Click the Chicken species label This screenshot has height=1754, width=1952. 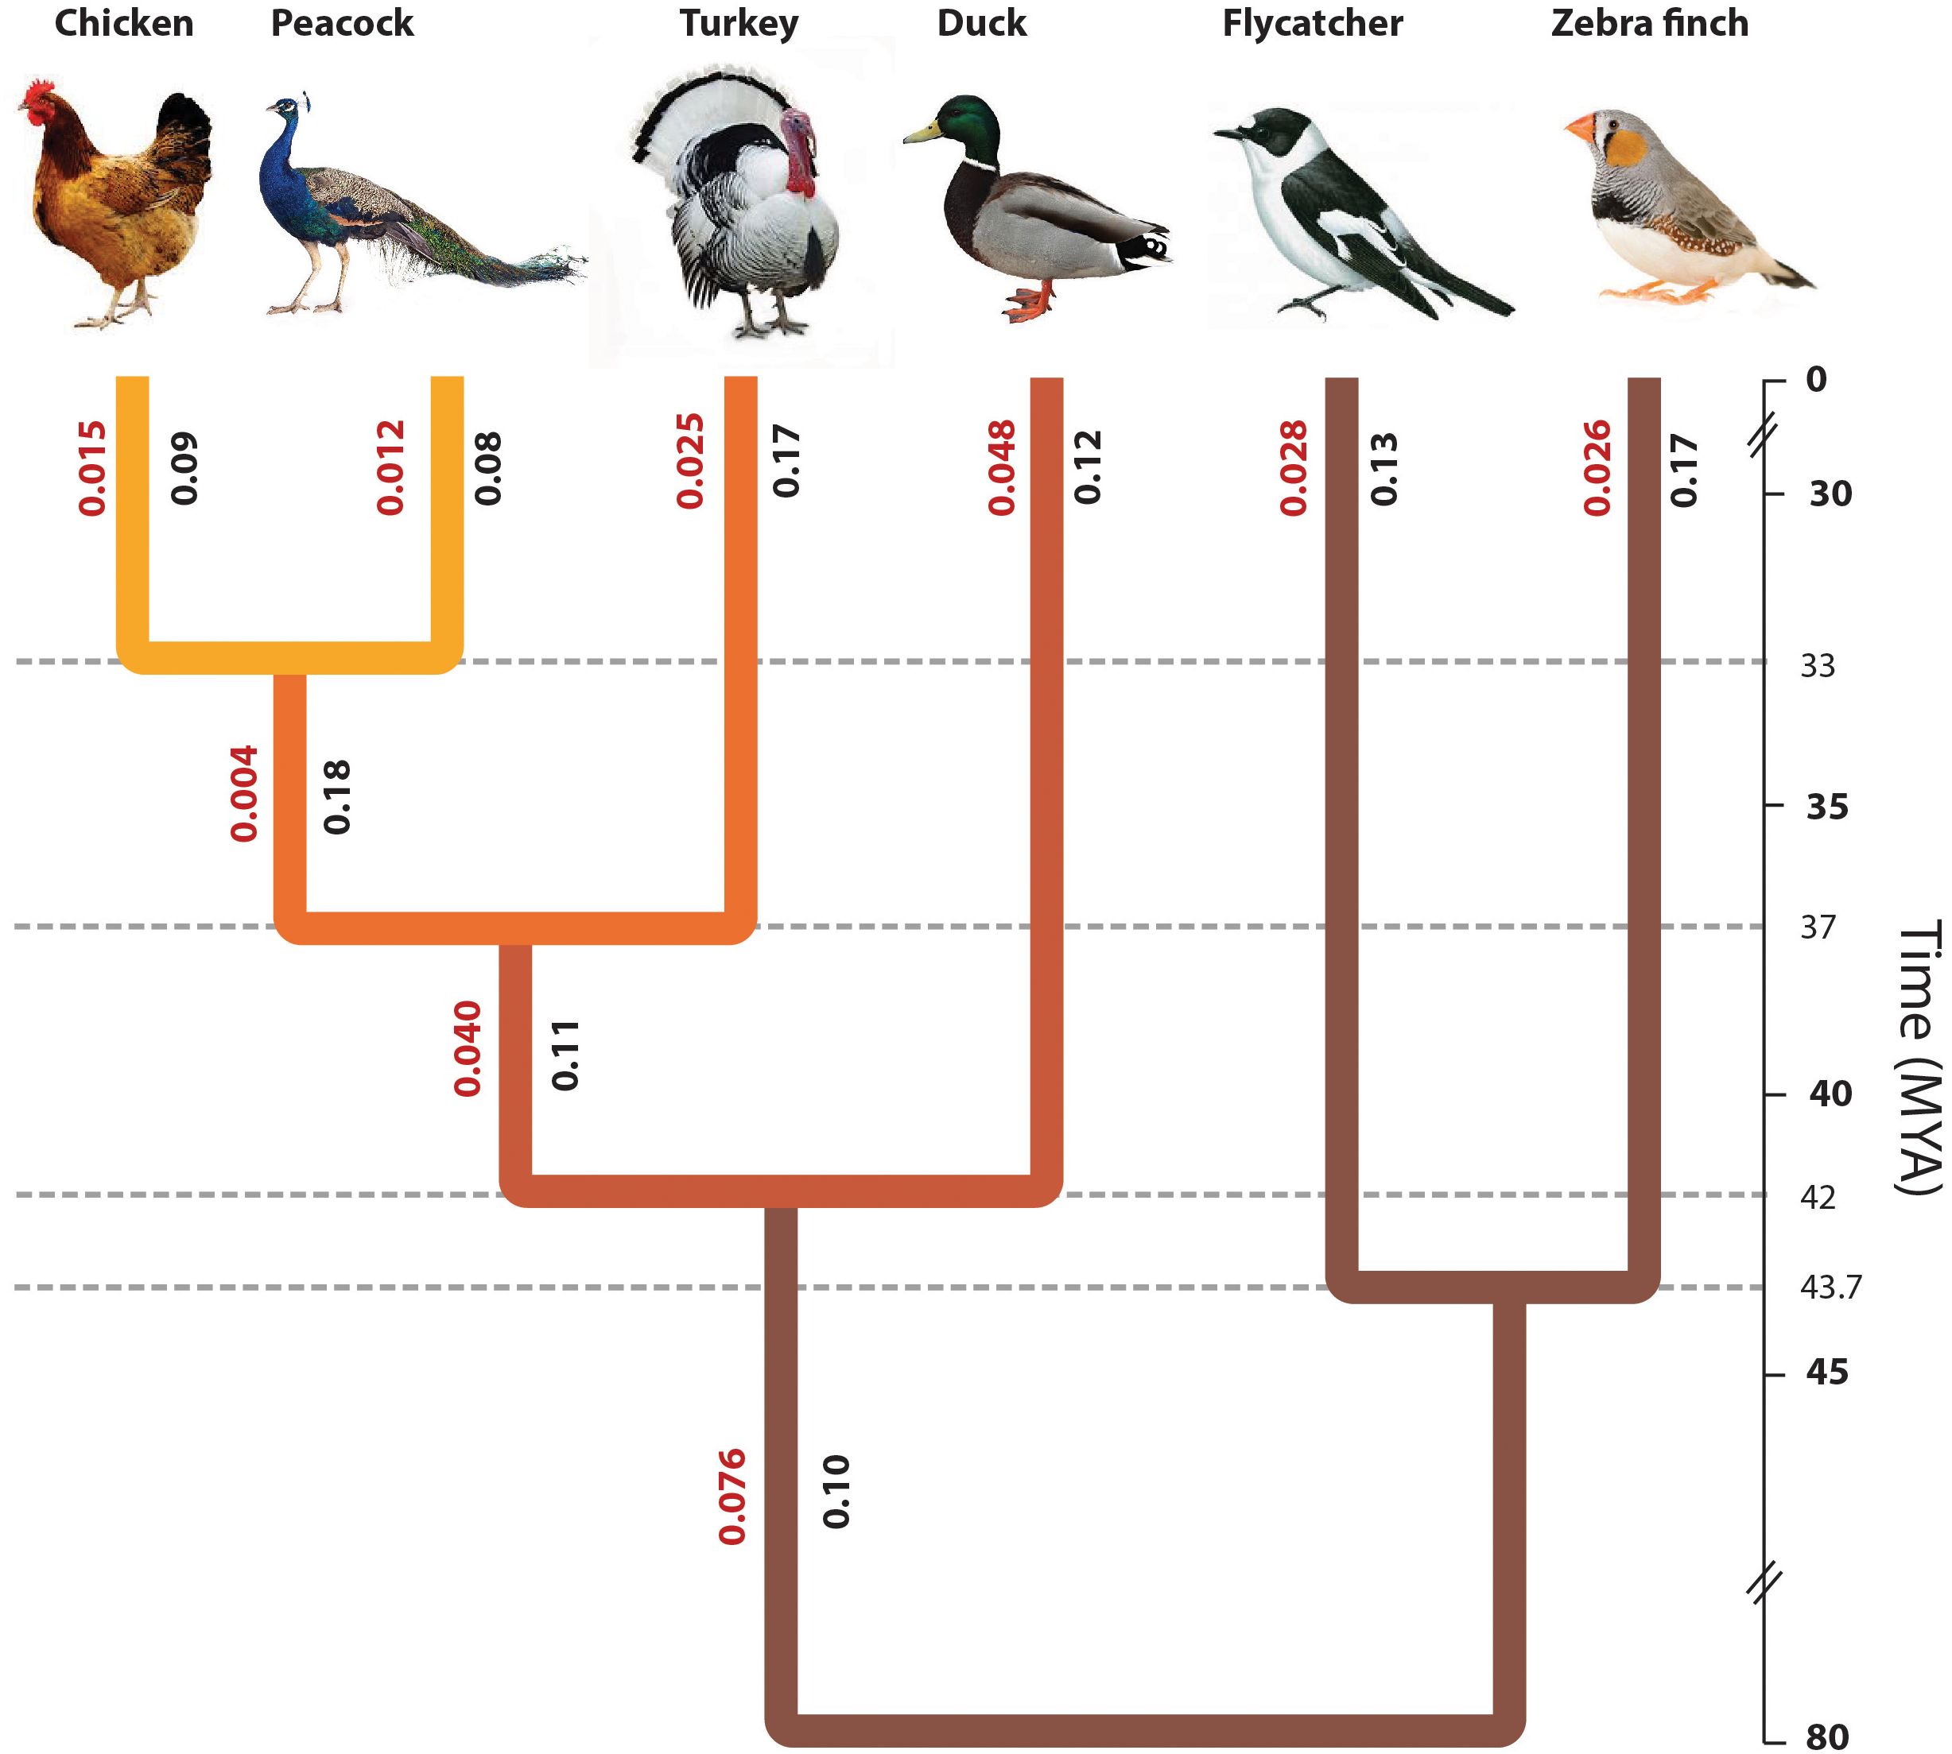123,23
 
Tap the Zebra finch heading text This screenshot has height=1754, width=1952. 1648,23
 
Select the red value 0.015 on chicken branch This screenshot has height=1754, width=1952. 92,467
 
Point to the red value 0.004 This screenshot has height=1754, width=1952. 244,793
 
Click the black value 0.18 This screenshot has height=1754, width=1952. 336,796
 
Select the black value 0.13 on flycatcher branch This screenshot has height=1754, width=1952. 1383,468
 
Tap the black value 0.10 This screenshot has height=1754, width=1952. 836,1492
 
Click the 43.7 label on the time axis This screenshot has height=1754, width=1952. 1830,1287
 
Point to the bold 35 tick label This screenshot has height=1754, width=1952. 1826,807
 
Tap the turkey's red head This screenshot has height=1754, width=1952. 798,145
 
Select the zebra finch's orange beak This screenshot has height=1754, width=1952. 1581,128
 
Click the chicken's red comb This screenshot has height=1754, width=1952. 38,94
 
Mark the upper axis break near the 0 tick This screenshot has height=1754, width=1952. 1763,436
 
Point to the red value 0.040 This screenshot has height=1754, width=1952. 468,1048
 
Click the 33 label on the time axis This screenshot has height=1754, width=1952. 1817,665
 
